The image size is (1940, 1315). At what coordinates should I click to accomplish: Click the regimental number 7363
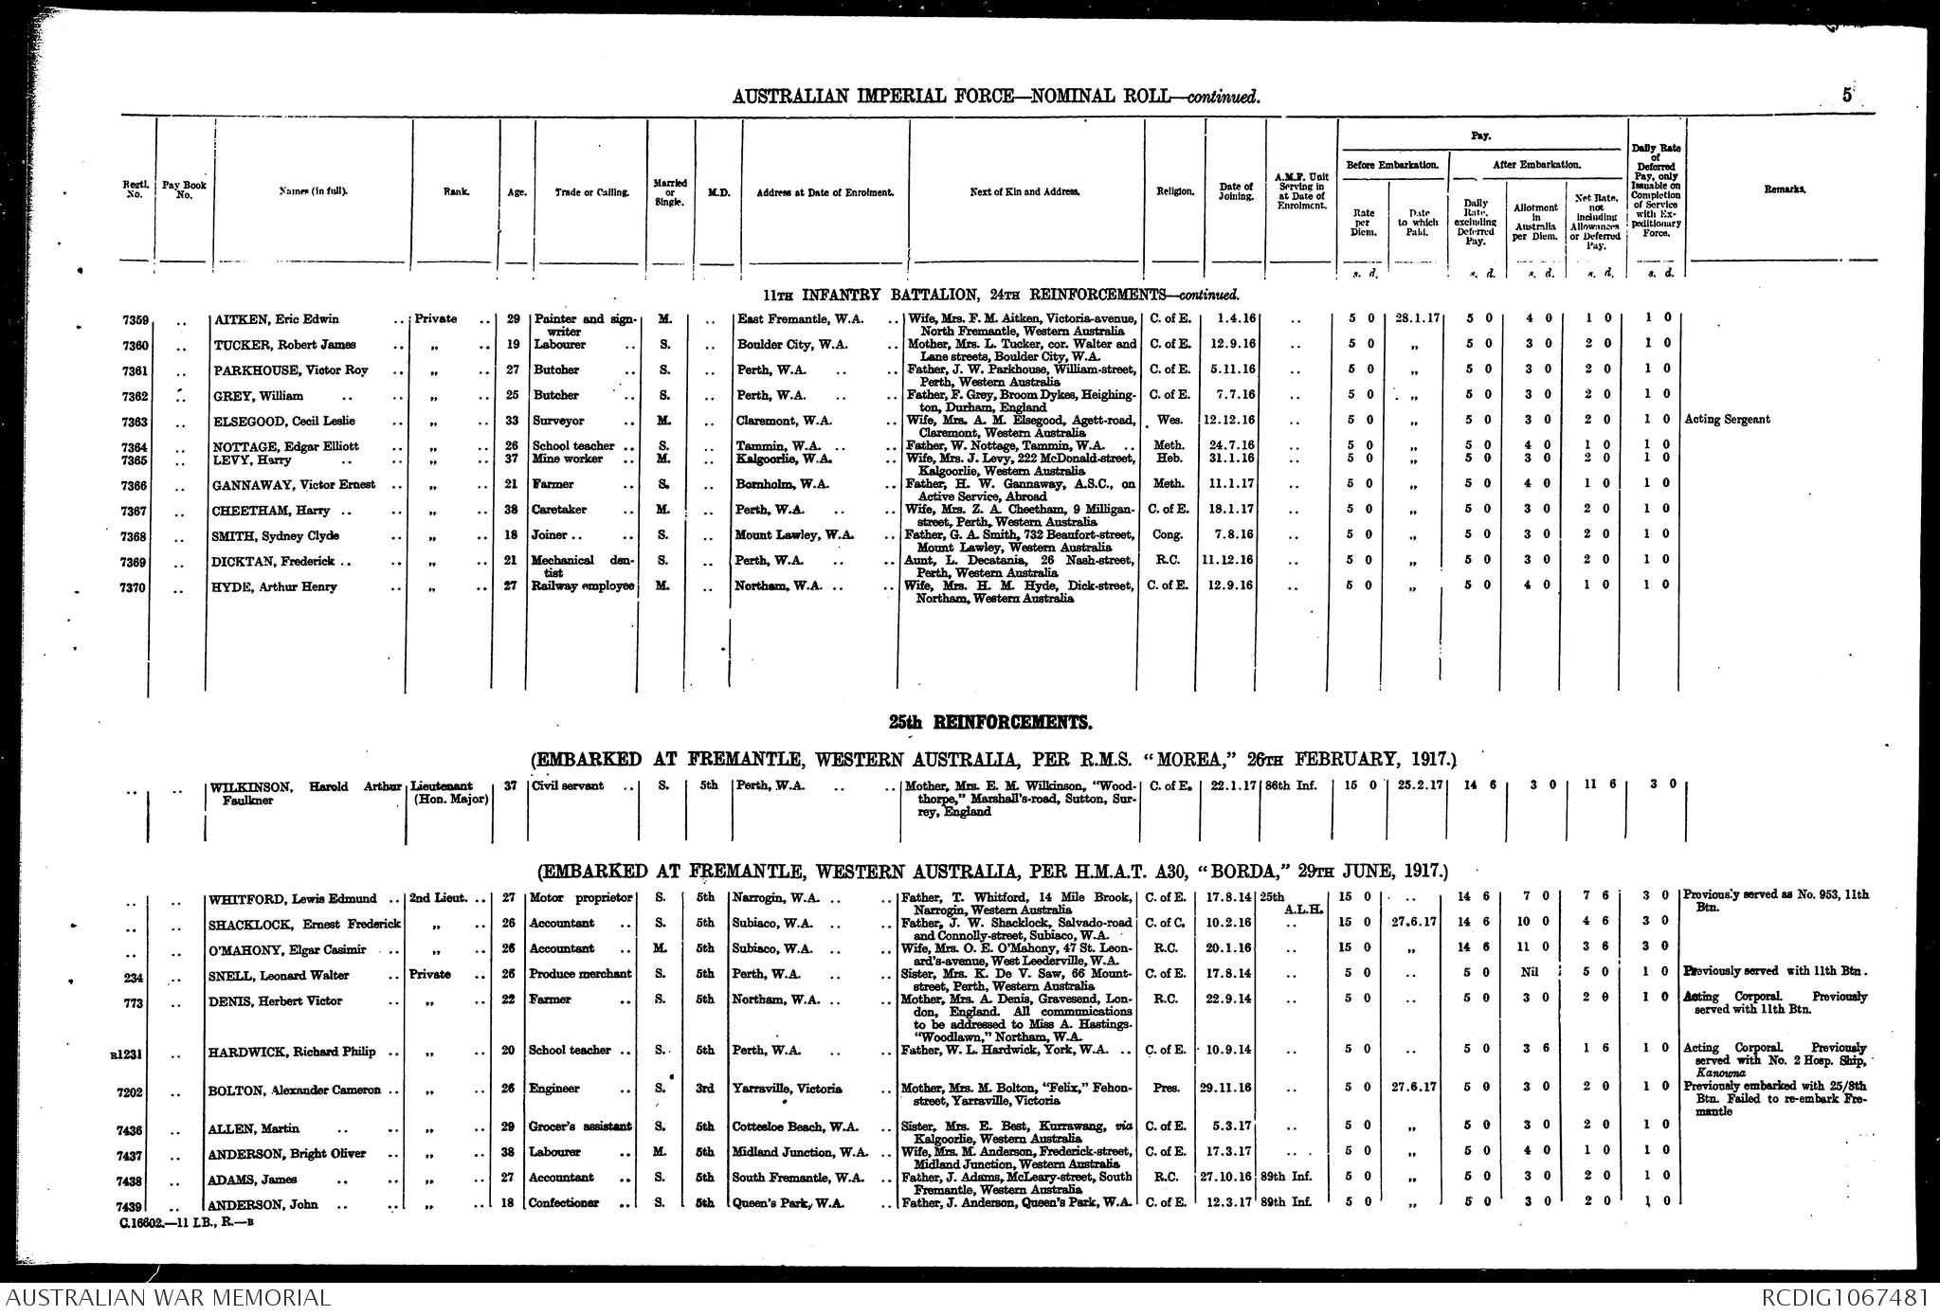pyautogui.click(x=135, y=422)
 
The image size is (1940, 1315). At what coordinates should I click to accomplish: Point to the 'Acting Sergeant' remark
pyautogui.click(x=1727, y=420)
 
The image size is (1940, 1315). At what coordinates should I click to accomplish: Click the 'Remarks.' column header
pyautogui.click(x=1785, y=190)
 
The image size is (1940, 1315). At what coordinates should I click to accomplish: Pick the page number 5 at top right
pyautogui.click(x=1847, y=95)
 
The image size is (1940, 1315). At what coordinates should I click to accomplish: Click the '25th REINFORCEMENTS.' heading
pyautogui.click(x=989, y=723)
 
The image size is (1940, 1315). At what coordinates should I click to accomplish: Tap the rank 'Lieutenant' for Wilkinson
pyautogui.click(x=442, y=786)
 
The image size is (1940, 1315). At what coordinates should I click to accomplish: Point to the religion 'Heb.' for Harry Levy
pyautogui.click(x=1165, y=459)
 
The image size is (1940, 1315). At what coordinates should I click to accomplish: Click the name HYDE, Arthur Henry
pyautogui.click(x=276, y=587)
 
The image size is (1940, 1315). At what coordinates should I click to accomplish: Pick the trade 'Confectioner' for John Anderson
pyautogui.click(x=564, y=1204)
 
